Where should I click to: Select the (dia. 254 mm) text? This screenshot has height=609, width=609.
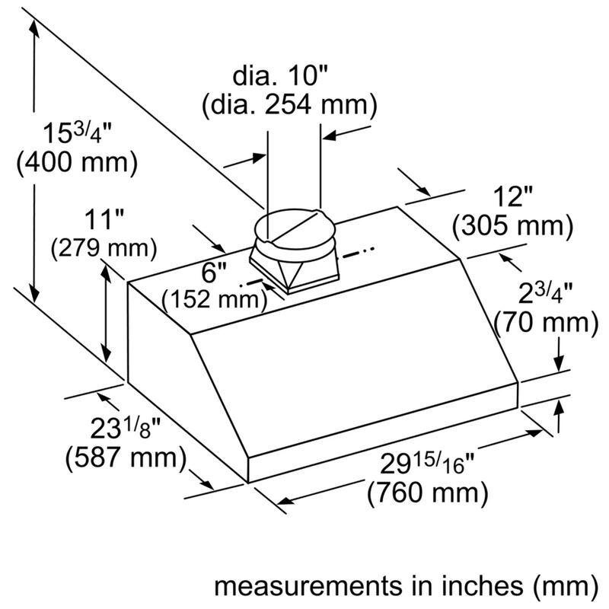[x=289, y=105]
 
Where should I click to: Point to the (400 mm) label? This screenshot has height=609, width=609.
[x=77, y=162]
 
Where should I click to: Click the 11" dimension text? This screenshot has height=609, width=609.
[x=104, y=219]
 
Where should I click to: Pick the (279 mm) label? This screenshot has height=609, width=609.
[x=104, y=248]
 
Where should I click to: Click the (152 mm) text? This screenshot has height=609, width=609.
[x=215, y=299]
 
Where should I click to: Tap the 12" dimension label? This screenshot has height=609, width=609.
[x=512, y=197]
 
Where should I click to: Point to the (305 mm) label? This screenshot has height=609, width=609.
[x=512, y=226]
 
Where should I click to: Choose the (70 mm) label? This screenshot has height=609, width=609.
[x=546, y=322]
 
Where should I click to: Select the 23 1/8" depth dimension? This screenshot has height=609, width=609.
[x=126, y=428]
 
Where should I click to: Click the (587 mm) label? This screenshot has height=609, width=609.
[x=126, y=458]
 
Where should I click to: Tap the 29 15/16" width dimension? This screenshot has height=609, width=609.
[x=427, y=463]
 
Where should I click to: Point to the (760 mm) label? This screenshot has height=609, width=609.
[x=428, y=493]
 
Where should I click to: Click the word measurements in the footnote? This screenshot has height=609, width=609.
[x=304, y=586]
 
